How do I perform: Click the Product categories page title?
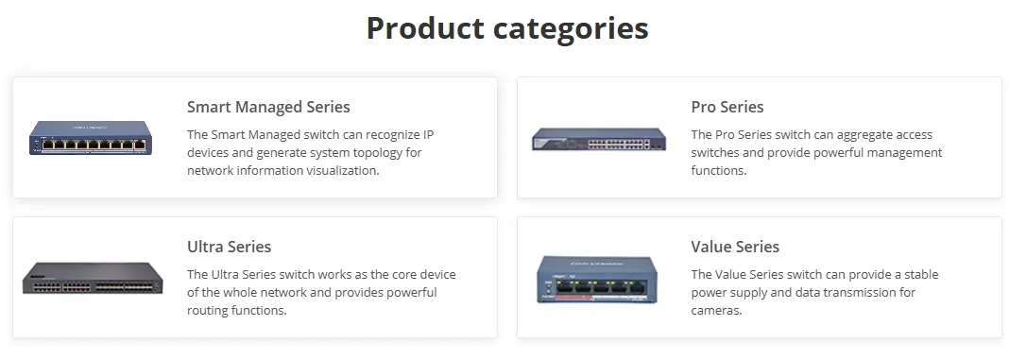[506, 28]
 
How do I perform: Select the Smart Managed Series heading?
[268, 107]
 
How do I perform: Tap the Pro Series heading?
[727, 107]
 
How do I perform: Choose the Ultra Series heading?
[229, 247]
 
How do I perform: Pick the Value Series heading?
[735, 247]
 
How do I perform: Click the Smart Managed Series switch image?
[90, 139]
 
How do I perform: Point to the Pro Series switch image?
[599, 140]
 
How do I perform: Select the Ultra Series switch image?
[93, 277]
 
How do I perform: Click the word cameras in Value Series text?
[716, 311]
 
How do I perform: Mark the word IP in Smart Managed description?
[428, 135]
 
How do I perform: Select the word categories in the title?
[577, 28]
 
